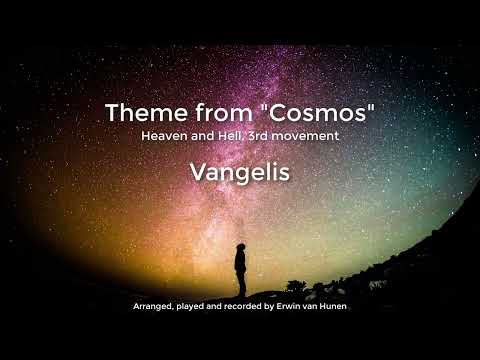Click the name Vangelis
tap(239, 172)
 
